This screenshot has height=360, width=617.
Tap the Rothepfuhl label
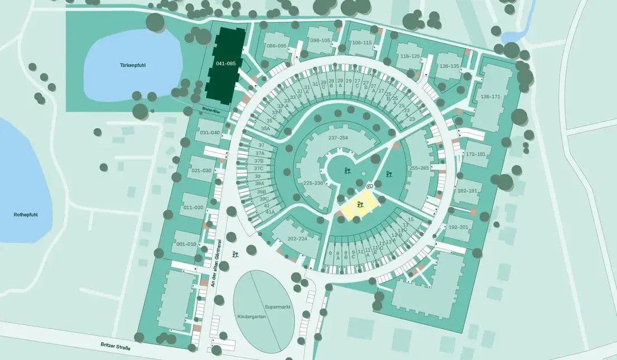[25, 214]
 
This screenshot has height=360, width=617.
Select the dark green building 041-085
[225, 64]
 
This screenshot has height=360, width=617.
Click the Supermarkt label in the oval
[278, 307]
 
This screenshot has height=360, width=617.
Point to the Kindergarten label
[253, 316]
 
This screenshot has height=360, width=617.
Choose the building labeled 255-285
[419, 168]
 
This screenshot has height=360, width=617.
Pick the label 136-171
[491, 97]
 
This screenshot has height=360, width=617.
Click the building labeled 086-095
[276, 46]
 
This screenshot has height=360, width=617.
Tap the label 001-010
[186, 244]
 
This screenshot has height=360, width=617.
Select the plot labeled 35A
[265, 128]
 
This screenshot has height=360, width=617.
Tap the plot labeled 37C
[258, 168]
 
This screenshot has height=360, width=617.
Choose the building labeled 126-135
[449, 66]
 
